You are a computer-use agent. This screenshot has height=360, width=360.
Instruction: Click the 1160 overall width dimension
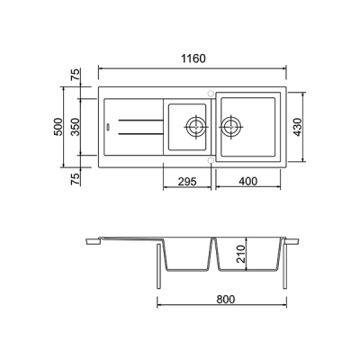click(193, 58)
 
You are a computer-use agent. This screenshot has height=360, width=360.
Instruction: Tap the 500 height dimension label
click(58, 127)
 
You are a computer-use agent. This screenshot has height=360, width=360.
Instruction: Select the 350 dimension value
click(76, 127)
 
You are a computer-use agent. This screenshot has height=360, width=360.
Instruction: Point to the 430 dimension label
click(298, 127)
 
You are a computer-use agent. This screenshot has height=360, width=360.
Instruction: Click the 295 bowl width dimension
click(187, 181)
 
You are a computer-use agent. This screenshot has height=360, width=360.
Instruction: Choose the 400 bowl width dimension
click(247, 181)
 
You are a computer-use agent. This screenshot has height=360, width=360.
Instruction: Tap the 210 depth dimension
click(241, 254)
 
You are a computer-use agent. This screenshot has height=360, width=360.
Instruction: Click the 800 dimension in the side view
click(226, 299)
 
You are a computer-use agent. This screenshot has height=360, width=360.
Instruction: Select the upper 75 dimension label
click(76, 75)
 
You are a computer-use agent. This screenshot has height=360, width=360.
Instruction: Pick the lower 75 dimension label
click(76, 178)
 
